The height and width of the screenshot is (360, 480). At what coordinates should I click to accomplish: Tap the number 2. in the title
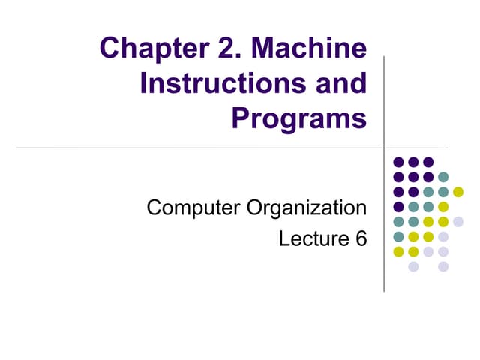(223, 50)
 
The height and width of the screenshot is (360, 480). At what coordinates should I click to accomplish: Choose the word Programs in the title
(299, 118)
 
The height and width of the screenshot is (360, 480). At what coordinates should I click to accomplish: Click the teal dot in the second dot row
(443, 177)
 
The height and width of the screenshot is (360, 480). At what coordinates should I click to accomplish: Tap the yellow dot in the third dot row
(458, 192)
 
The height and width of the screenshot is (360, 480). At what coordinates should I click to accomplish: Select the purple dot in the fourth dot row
(398, 207)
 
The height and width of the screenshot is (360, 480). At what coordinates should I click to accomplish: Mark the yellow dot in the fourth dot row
(443, 207)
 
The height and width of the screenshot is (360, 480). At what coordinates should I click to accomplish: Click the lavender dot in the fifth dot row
(458, 222)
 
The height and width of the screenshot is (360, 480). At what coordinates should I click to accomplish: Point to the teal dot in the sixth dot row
(398, 237)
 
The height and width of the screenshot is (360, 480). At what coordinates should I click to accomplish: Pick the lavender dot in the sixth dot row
(443, 237)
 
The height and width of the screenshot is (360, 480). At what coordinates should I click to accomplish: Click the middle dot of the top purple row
(413, 162)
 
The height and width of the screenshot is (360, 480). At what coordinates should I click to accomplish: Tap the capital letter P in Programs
(242, 118)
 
